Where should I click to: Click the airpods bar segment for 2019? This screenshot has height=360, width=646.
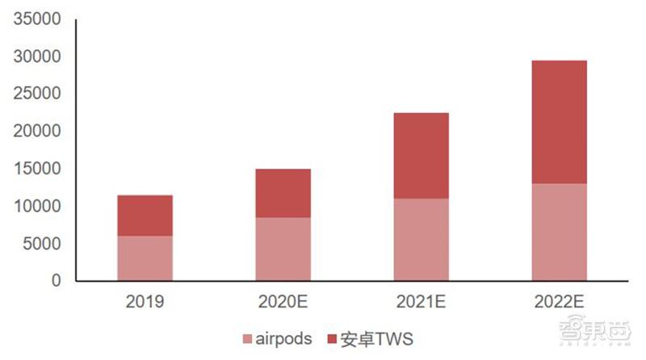pyautogui.click(x=145, y=258)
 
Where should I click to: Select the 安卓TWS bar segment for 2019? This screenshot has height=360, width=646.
pyautogui.click(x=145, y=216)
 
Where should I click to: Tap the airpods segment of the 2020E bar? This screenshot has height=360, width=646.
pyautogui.click(x=283, y=249)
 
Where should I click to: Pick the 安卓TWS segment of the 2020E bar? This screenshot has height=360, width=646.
pyautogui.click(x=283, y=193)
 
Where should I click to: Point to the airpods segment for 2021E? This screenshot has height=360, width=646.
pyautogui.click(x=421, y=240)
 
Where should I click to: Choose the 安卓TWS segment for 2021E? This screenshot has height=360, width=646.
pyautogui.click(x=421, y=156)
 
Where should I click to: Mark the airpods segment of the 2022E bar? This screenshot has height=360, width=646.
pyautogui.click(x=559, y=232)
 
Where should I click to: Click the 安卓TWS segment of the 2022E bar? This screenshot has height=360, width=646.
pyautogui.click(x=559, y=122)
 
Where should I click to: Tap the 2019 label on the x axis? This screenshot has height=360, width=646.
pyautogui.click(x=145, y=303)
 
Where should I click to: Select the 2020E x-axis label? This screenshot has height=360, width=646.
pyautogui.click(x=283, y=303)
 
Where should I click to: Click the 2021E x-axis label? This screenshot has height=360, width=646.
pyautogui.click(x=422, y=303)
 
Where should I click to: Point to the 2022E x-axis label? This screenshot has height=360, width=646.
pyautogui.click(x=560, y=303)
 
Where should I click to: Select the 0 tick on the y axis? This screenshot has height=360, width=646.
pyautogui.click(x=57, y=281)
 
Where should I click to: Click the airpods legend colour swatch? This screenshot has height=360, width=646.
pyautogui.click(x=246, y=338)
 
